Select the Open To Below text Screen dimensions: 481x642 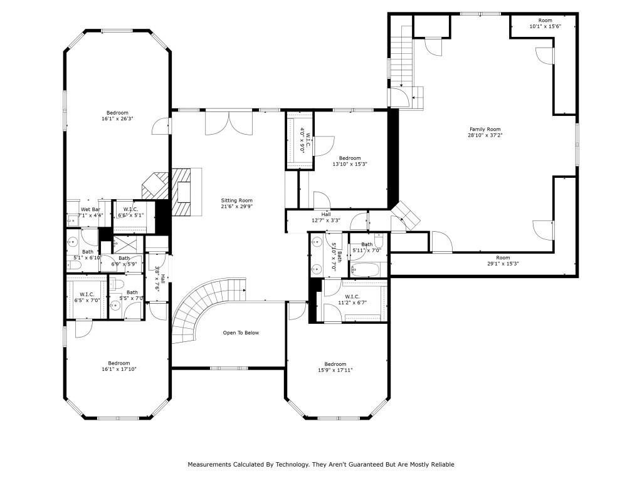(241, 333)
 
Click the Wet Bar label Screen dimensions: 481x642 (91, 209)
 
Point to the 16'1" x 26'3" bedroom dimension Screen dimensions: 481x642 (118, 119)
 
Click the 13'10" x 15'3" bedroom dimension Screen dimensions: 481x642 (349, 164)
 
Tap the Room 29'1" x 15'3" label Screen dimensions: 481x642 (503, 261)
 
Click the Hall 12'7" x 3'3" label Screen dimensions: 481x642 (326, 217)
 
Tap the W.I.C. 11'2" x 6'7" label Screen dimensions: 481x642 (352, 299)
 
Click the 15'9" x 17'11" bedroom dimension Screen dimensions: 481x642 (335, 370)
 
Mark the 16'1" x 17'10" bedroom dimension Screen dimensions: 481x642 (118, 370)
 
